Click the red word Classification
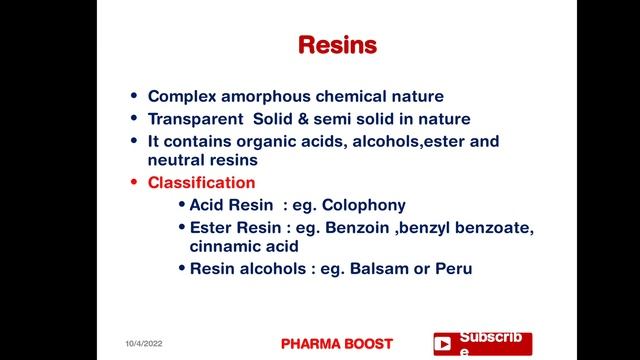pos(201,183)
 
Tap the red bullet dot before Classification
pos(135,183)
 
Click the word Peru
pos(450,268)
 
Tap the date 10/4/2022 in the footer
pos(144,343)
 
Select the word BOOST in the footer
pos(370,343)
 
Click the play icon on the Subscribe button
pos(442,344)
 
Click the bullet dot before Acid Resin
pos(181,205)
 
